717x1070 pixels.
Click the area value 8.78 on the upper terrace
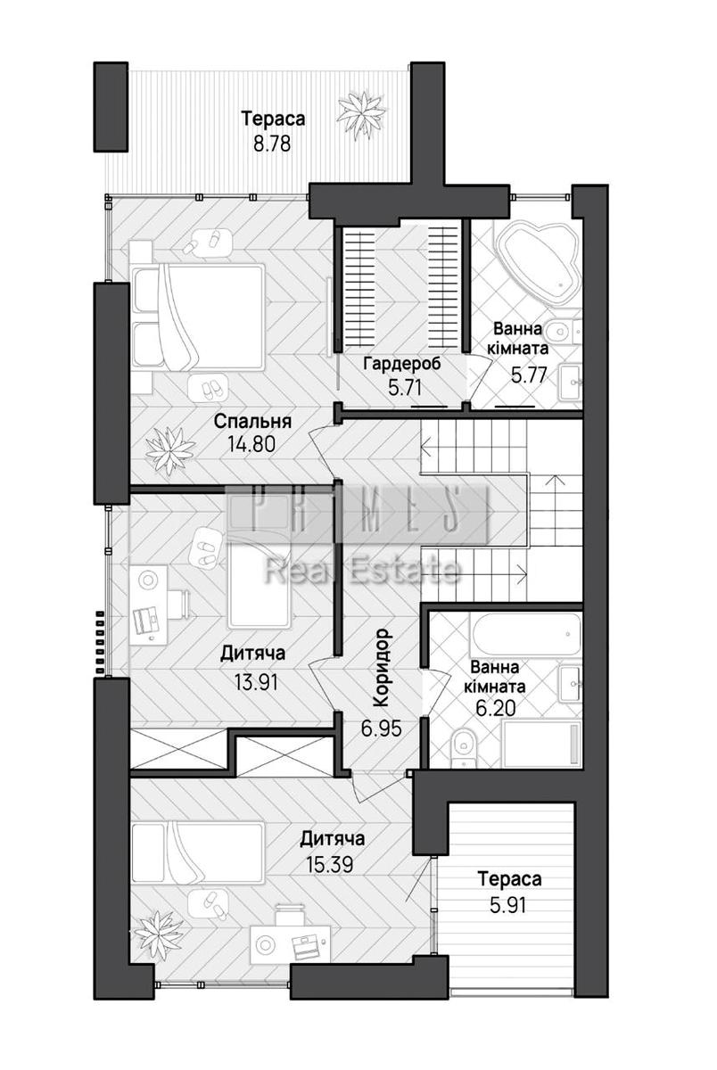tap(272, 144)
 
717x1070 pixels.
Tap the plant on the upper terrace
tap(361, 115)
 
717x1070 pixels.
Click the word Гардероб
tap(403, 364)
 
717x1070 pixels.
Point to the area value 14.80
tap(251, 445)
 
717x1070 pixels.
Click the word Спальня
tap(252, 421)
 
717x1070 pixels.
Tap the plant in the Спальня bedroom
tap(170, 450)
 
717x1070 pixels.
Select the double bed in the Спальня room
tap(198, 317)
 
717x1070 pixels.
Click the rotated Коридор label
tap(382, 668)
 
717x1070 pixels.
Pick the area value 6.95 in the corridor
tap(381, 729)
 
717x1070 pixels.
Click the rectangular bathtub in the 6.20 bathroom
tap(525, 635)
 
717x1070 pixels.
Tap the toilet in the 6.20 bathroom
tap(464, 746)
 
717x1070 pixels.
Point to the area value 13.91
tap(256, 683)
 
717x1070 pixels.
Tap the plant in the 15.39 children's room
tap(156, 935)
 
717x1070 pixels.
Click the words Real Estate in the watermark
tap(363, 572)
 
